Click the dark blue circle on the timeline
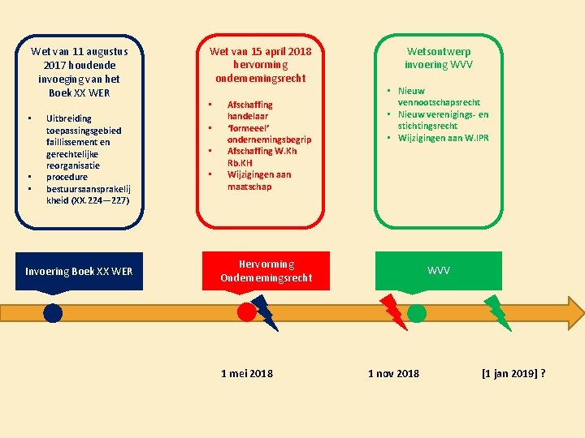[x=53, y=313]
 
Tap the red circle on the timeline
[x=246, y=312]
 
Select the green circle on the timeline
[x=417, y=313]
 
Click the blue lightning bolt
[x=265, y=312]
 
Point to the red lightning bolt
[x=392, y=310]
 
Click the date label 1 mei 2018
[x=247, y=373]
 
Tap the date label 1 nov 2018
[x=394, y=373]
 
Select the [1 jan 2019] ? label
[x=513, y=373]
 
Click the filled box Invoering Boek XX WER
[x=79, y=271]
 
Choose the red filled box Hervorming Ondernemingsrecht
[x=266, y=271]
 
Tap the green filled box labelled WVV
[x=438, y=271]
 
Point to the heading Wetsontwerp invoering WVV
[x=438, y=58]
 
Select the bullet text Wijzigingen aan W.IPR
[x=443, y=137]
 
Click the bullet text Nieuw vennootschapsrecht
[x=439, y=97]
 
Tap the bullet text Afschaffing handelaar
[x=250, y=110]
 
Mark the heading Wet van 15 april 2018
[x=260, y=51]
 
